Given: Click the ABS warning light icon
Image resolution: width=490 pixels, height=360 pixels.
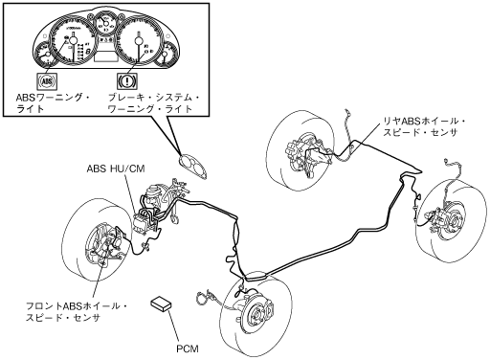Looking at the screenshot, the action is [47, 80].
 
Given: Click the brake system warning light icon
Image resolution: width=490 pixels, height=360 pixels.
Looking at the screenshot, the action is [127, 80].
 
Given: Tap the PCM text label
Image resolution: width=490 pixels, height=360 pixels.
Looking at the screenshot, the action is [188, 349].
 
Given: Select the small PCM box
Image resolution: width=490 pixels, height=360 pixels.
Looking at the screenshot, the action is [161, 303].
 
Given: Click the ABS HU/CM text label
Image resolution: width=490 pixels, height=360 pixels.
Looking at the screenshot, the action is [116, 169].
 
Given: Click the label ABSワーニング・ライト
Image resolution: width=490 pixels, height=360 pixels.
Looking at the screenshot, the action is [53, 103].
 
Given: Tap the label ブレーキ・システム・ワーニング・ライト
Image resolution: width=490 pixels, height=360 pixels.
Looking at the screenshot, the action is [153, 103].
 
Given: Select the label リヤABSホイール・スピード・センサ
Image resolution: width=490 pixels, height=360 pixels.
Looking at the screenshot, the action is [424, 126].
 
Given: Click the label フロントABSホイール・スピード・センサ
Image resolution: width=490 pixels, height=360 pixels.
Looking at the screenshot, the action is [77, 312].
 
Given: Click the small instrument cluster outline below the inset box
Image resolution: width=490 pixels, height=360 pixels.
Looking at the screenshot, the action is [193, 167].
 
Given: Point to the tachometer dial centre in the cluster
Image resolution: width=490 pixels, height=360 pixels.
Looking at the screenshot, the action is [73, 40].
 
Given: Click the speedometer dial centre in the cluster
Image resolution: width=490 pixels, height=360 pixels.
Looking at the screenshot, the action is [139, 40].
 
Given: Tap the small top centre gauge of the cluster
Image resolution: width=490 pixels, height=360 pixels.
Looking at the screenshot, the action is [106, 24].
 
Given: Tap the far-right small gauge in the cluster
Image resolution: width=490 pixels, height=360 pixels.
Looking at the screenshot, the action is [166, 54].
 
